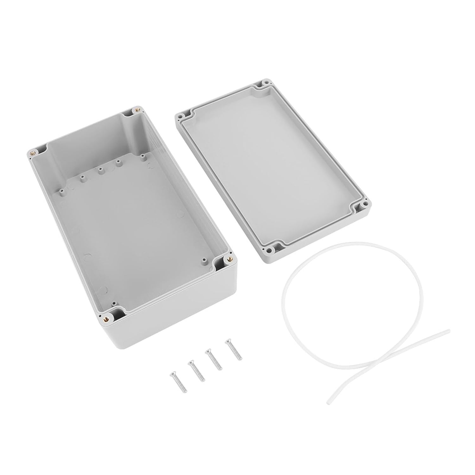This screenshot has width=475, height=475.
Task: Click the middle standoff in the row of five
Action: (101, 172)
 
